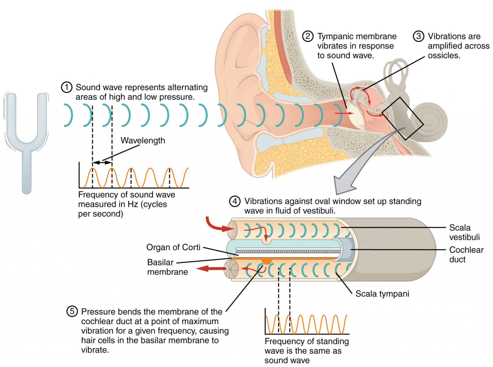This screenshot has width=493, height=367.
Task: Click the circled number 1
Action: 66,87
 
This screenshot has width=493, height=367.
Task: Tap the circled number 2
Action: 307,36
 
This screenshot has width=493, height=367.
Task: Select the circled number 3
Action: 418,36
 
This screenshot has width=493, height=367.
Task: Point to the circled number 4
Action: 235,201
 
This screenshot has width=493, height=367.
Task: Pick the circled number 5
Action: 72,311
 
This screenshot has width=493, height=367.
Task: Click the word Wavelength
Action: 143,140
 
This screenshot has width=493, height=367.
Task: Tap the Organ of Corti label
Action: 173,247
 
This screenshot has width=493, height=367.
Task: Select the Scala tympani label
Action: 382,294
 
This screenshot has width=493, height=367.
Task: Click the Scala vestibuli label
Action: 464,232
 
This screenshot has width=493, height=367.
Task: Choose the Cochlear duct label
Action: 466,254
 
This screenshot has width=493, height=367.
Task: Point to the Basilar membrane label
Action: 167,267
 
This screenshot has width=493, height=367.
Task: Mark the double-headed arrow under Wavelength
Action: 102,163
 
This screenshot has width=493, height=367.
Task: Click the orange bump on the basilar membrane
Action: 266,261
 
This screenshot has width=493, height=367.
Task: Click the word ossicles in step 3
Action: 444,56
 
